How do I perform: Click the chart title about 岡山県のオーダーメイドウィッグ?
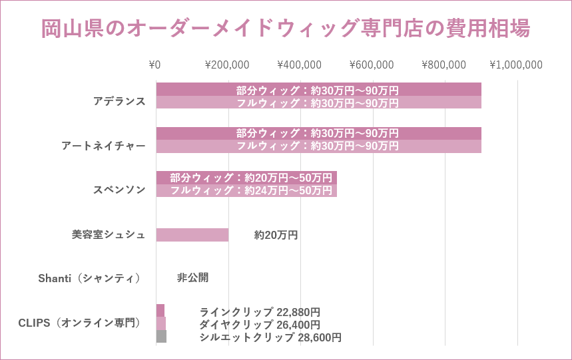click(286, 29)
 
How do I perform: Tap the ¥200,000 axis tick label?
click(227, 65)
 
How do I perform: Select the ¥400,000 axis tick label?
click(299, 65)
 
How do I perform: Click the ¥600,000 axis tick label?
click(372, 65)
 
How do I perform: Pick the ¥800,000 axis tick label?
click(443, 65)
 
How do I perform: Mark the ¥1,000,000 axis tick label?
click(516, 65)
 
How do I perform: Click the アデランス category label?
click(119, 101)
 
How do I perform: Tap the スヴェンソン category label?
click(119, 190)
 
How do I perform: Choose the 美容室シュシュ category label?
click(109, 234)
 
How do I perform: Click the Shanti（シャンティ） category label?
click(89, 278)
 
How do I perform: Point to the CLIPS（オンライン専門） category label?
click(79, 323)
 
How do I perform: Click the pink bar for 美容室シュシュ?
click(192, 235)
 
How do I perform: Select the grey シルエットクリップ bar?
click(161, 337)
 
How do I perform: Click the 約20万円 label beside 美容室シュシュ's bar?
click(276, 235)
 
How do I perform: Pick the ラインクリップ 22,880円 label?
click(260, 311)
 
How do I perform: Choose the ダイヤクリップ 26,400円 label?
click(260, 324)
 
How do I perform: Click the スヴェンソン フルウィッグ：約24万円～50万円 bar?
click(246, 190)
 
